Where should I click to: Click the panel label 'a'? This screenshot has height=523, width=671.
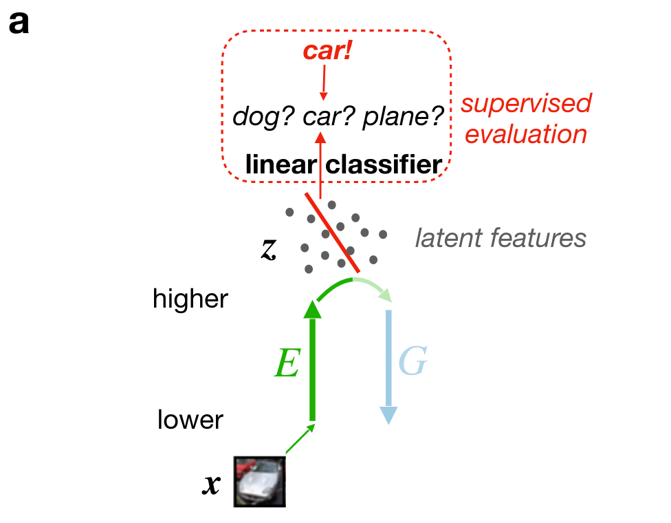[x=19, y=24]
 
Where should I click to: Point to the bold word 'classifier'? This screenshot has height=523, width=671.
[x=383, y=165]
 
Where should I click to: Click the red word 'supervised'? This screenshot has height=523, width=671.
[x=526, y=104]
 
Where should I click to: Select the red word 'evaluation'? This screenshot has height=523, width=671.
[x=526, y=134]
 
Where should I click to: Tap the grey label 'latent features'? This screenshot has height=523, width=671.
[x=500, y=238]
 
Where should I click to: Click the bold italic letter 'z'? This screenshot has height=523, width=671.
[x=268, y=248]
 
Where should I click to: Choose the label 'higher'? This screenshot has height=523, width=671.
[x=190, y=299]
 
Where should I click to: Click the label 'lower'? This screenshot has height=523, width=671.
[x=190, y=419]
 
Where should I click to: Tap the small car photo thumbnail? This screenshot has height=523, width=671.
[x=259, y=481]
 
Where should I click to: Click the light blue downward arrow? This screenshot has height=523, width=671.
[x=388, y=365]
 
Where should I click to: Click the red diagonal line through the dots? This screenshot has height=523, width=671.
[x=333, y=233]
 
